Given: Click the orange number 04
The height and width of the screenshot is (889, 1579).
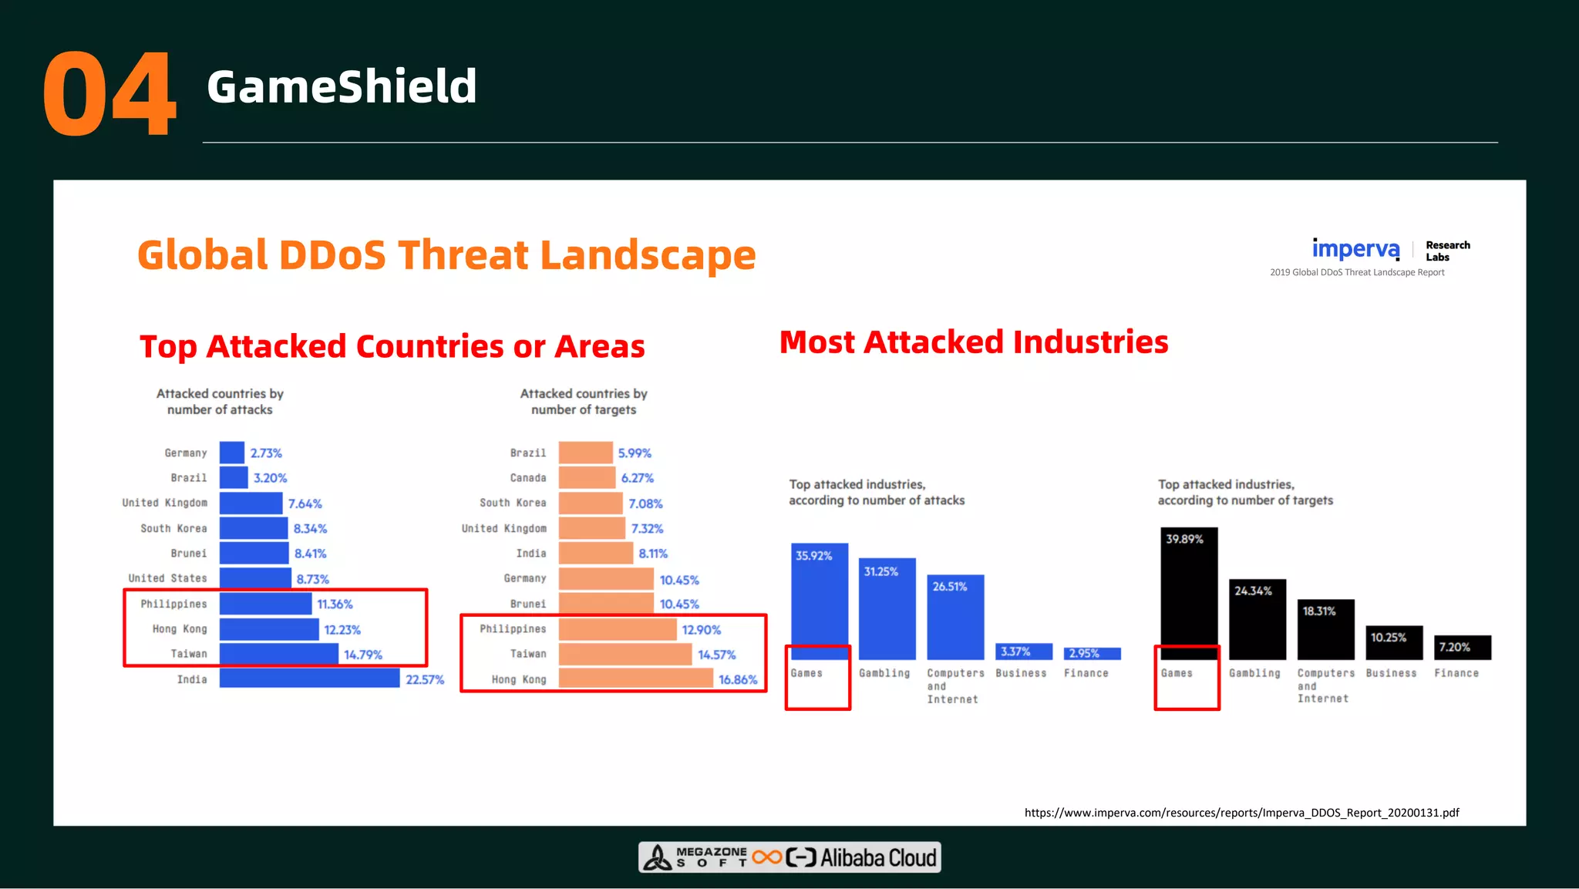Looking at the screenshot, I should (x=109, y=94).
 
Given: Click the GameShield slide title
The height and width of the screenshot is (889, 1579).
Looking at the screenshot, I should (x=342, y=86).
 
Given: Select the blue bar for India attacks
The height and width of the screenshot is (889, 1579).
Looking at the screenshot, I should (x=309, y=679).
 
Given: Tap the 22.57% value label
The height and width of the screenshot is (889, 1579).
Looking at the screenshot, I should (x=425, y=679).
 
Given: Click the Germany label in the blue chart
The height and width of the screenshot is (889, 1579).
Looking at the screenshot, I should (x=186, y=453).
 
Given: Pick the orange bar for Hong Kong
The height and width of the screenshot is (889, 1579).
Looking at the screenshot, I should (x=635, y=679).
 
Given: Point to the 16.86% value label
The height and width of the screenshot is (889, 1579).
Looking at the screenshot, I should (x=737, y=679).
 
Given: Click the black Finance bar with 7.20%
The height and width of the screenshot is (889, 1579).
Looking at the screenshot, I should (x=1462, y=647).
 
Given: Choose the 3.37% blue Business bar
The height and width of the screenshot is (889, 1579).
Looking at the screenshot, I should (x=1023, y=652).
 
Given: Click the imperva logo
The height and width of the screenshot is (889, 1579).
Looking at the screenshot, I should (x=1355, y=249).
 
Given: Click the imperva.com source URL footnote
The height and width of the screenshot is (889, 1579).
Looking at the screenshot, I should (x=1241, y=812).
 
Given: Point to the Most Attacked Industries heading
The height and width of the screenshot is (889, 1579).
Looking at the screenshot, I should (x=973, y=342).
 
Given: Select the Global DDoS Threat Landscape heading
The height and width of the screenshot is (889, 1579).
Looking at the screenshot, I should (x=446, y=254).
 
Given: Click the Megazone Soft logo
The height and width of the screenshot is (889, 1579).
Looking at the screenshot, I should (x=698, y=857).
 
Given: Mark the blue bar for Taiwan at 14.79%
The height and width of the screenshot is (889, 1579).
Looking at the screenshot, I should (x=278, y=654).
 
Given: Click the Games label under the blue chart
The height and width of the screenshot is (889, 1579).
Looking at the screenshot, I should (x=806, y=673).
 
